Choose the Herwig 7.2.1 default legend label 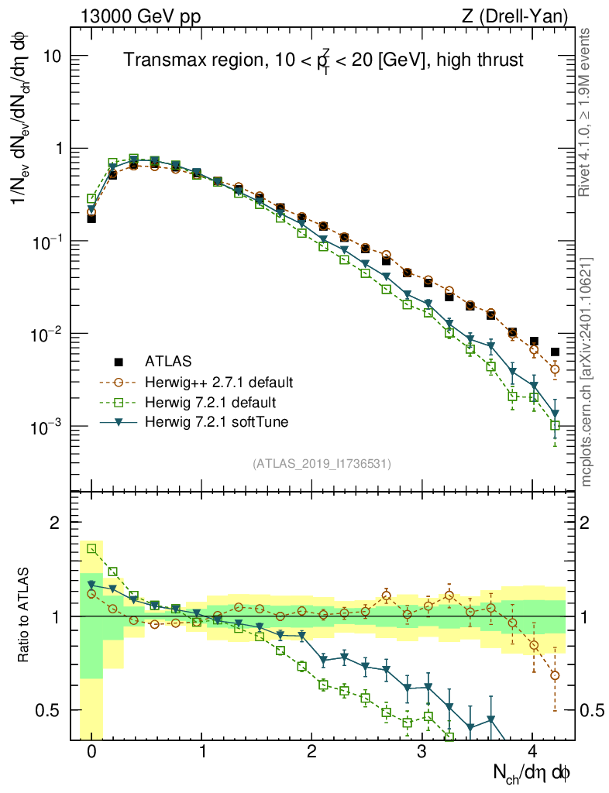[210, 403]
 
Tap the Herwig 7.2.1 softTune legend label [215, 423]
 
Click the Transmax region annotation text [323, 60]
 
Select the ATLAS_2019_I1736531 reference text [322, 464]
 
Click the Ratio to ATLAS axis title [24, 616]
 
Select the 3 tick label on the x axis [421, 752]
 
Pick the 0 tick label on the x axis [91, 752]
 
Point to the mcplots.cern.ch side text [587, 371]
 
